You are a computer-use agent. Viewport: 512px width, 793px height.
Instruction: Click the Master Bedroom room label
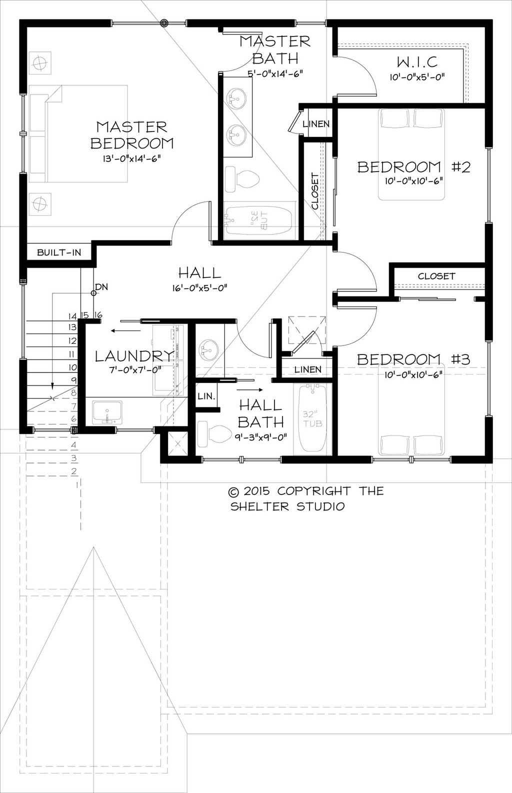coord(132,135)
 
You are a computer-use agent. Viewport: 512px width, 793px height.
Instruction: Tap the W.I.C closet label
coord(417,62)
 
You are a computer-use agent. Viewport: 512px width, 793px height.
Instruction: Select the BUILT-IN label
coord(59,252)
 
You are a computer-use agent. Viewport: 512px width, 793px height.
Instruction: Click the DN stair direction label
coord(101,286)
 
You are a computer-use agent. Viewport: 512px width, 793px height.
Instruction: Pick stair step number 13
coord(72,327)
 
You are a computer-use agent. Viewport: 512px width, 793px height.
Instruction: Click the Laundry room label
coord(134,356)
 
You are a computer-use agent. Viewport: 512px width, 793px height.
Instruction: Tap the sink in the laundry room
coord(107,412)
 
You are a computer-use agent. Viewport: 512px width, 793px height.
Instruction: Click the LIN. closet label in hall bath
coord(206,396)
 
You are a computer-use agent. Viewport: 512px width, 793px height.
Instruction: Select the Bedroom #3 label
coord(413,359)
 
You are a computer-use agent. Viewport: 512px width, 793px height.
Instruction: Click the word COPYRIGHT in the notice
coord(313,491)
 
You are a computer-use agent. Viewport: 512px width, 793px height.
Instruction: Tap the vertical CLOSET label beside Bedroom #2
coord(315,191)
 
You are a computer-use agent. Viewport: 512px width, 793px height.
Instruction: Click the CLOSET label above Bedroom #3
coord(436,276)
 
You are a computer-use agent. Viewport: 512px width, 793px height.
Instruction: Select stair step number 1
coord(77,484)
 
